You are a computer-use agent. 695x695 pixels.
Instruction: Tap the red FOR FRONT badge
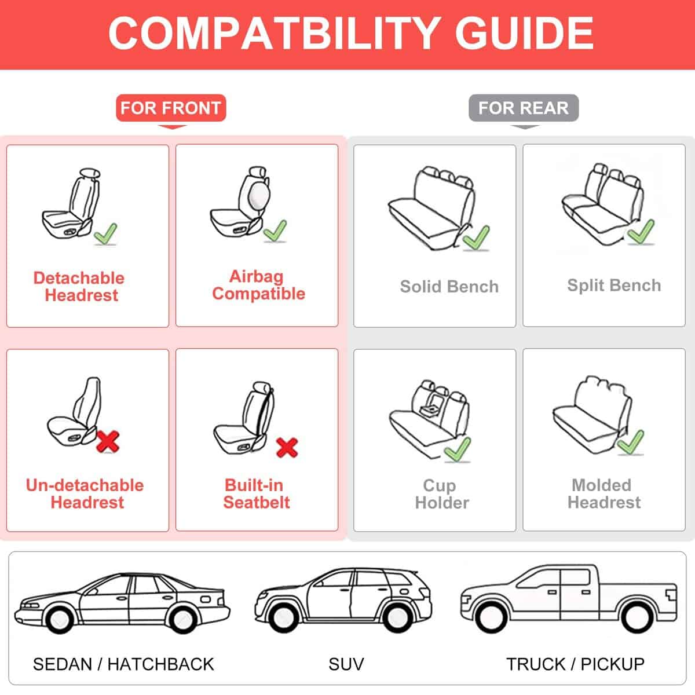pos(171,108)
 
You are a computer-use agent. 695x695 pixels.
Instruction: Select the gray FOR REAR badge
pos(524,108)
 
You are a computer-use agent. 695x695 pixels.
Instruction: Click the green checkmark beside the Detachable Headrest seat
pos(105,233)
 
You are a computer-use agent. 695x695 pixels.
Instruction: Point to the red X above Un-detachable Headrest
pos(108,441)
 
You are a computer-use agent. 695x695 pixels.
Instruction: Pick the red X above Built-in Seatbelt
pos(287,447)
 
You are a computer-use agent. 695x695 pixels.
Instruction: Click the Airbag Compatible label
pos(258,285)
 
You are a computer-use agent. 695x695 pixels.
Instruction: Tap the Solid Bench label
pos(449,286)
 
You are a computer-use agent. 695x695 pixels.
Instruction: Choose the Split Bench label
pos(614,286)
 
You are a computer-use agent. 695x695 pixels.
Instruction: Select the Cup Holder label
pos(442,494)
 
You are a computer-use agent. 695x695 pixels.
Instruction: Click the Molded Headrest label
pos(604,493)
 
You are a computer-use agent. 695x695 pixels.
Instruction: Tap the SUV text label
pos(346,664)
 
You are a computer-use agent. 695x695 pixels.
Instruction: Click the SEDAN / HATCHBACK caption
pos(123,664)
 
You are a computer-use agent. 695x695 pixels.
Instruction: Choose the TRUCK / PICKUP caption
pos(575,664)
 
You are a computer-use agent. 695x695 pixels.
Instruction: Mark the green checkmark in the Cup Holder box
pos(458,449)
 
